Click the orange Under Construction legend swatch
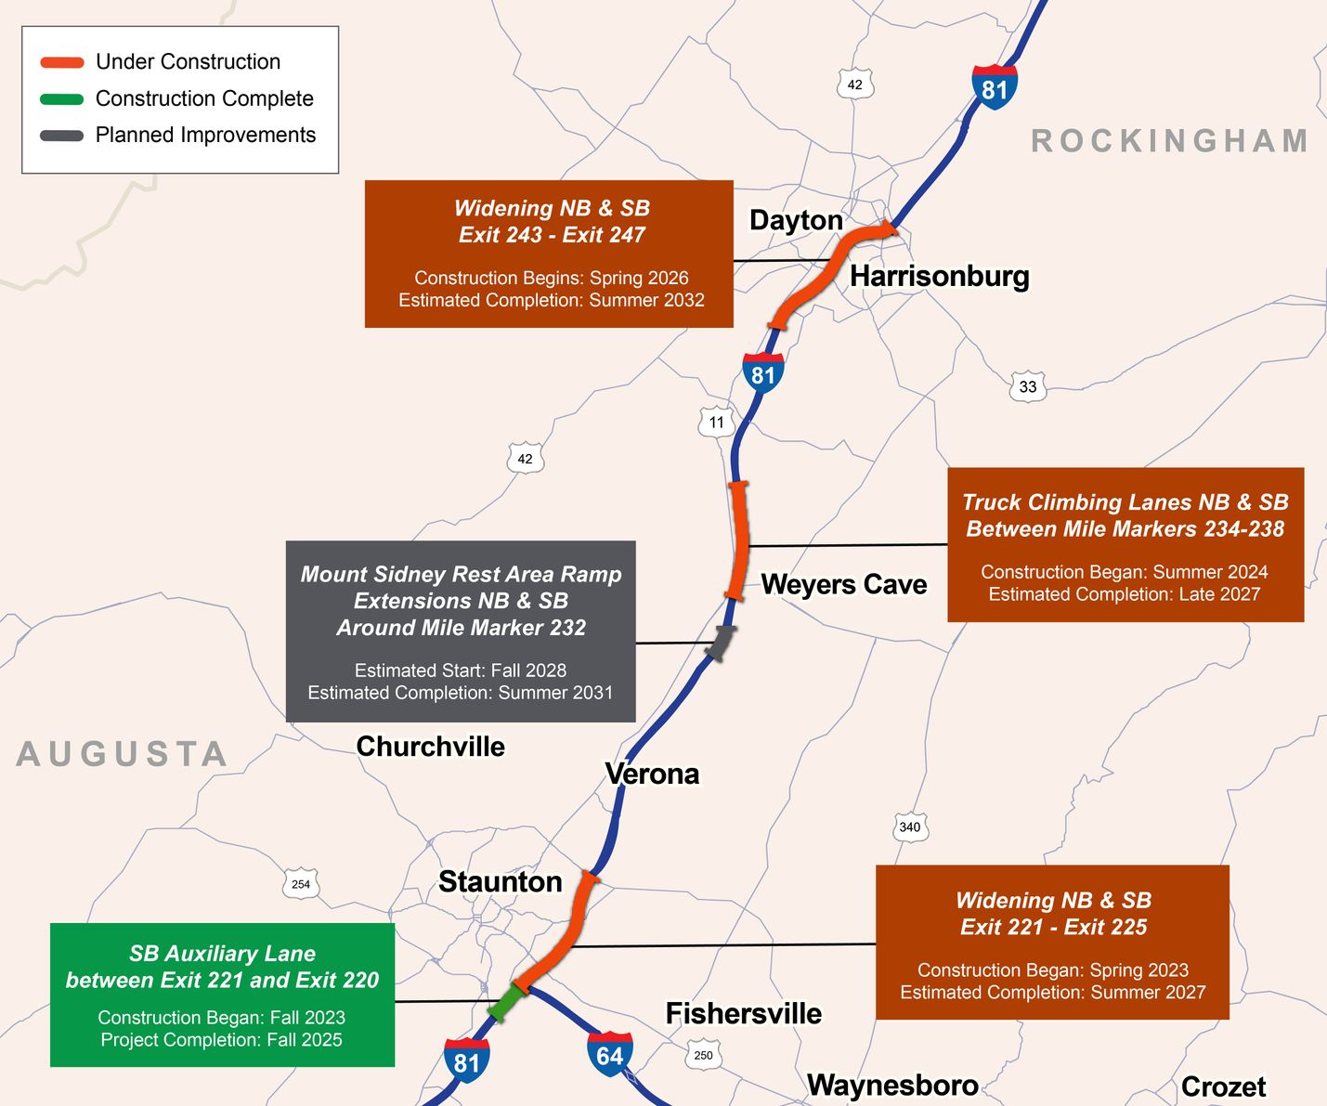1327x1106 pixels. [62, 62]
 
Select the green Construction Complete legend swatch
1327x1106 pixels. [62, 98]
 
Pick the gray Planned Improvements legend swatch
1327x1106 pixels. [62, 136]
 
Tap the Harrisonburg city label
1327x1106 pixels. [939, 276]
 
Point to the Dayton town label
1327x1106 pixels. [796, 220]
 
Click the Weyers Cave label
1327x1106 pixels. [843, 584]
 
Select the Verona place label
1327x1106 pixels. [652, 774]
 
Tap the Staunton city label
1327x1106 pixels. [500, 881]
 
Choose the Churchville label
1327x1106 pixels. [430, 746]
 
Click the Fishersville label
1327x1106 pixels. [743, 1013]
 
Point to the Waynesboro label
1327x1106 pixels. [891, 1085]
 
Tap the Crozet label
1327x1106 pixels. [1223, 1086]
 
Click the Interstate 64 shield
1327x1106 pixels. [610, 1055]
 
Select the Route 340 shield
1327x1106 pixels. [909, 826]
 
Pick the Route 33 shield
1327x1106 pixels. [1027, 386]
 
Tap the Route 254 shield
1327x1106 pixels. [301, 884]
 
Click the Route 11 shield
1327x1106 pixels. [716, 423]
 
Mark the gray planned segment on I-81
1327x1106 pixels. [720, 642]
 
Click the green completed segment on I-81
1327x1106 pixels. [506, 1003]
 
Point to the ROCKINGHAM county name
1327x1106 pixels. [1169, 141]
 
